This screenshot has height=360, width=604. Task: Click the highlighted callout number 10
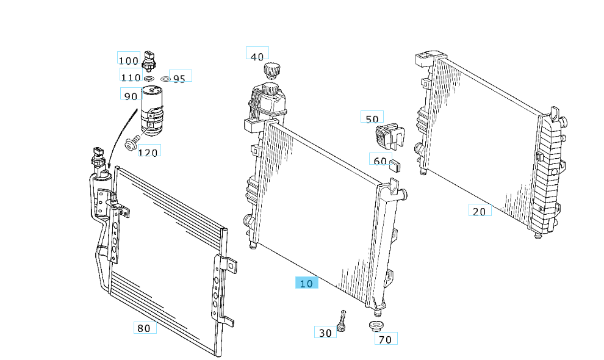pyautogui.click(x=306, y=283)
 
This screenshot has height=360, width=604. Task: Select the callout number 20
pyautogui.click(x=480, y=211)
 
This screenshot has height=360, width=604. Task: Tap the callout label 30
pyautogui.click(x=325, y=333)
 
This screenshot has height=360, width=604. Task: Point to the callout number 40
pyautogui.click(x=257, y=56)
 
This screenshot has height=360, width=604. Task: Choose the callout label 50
pyautogui.click(x=372, y=119)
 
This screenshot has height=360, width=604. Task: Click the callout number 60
pyautogui.click(x=380, y=160)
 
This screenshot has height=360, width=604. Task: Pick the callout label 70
pyautogui.click(x=386, y=339)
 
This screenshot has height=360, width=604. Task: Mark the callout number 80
pyautogui.click(x=144, y=328)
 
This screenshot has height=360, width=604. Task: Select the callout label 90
pyautogui.click(x=131, y=96)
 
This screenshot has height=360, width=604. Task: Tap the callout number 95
pyautogui.click(x=179, y=78)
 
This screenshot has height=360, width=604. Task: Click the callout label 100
pyautogui.click(x=129, y=60)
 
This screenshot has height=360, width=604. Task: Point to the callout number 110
pyautogui.click(x=131, y=77)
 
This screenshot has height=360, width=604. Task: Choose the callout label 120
pyautogui.click(x=148, y=152)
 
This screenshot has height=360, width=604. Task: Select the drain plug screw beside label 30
pyautogui.click(x=342, y=320)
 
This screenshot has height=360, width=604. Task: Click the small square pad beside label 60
pyautogui.click(x=395, y=164)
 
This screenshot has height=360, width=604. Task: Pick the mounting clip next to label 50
pyautogui.click(x=389, y=135)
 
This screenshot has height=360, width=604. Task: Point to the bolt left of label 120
pyautogui.click(x=129, y=143)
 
